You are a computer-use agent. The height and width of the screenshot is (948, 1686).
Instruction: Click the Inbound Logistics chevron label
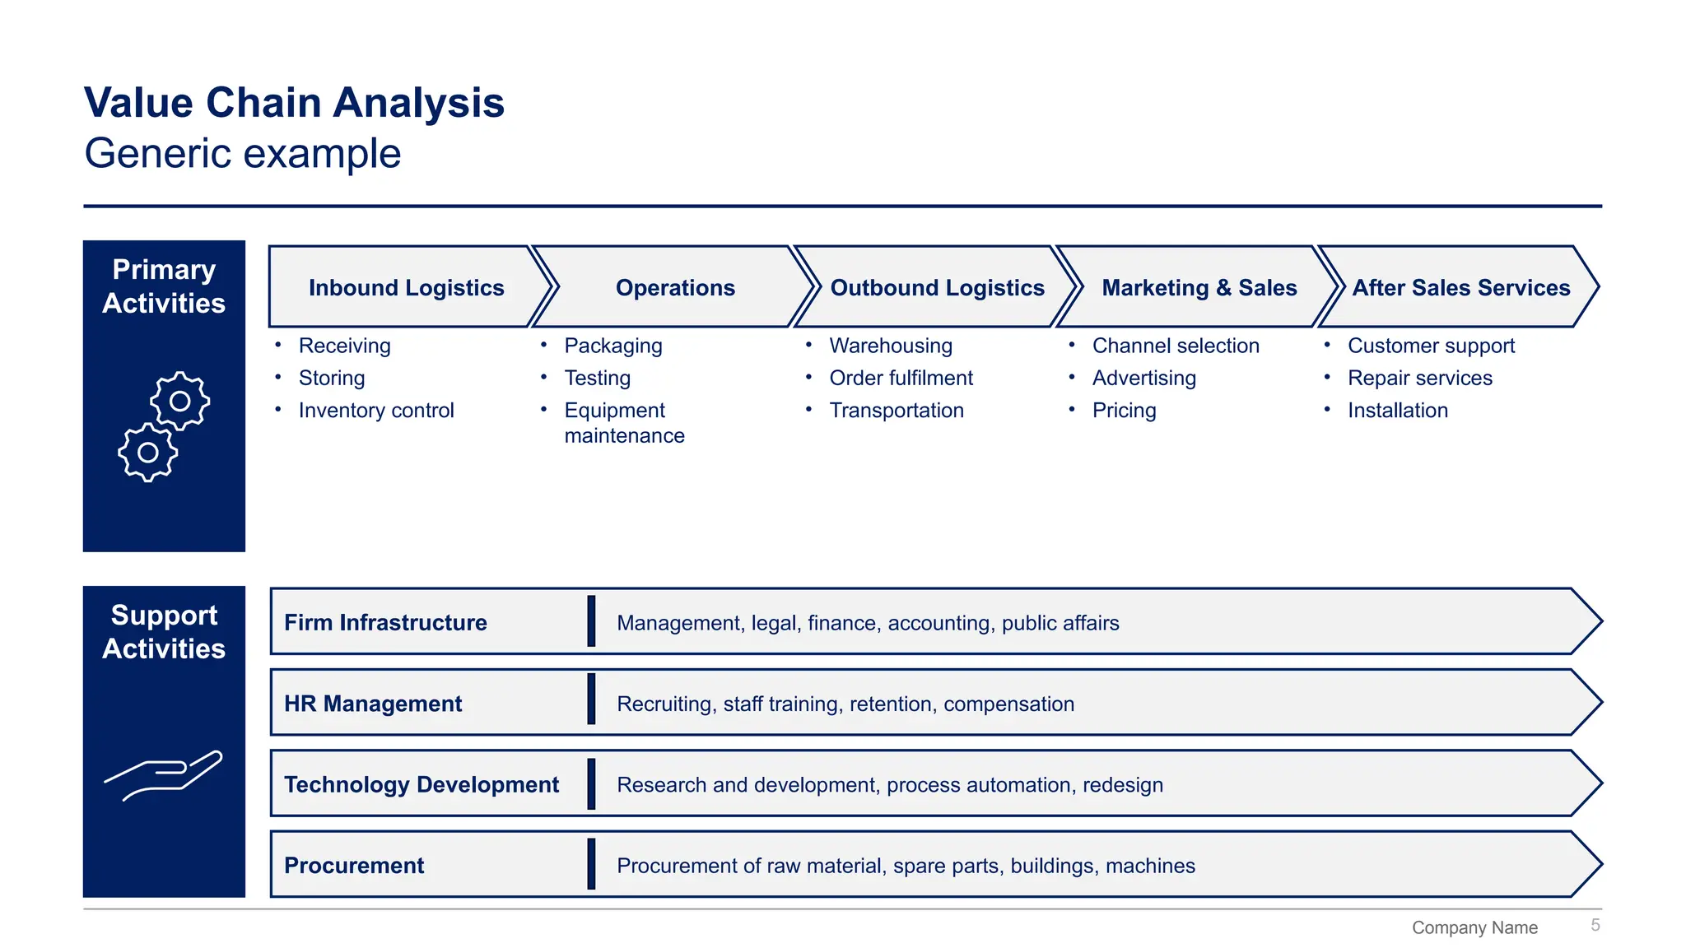coord(406,288)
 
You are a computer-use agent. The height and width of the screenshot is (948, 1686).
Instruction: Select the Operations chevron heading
coord(675,288)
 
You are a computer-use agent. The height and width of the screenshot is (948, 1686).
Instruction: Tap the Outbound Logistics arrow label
coord(937,288)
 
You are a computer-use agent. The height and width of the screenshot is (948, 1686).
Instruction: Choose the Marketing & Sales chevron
coord(1199,288)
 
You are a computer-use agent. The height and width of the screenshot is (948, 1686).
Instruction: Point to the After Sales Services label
coord(1460,288)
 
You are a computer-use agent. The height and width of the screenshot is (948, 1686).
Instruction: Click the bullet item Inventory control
coord(376,411)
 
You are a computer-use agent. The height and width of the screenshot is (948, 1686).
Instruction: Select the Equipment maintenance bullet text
coord(624,423)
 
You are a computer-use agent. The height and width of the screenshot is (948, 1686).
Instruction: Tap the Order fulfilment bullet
coord(901,379)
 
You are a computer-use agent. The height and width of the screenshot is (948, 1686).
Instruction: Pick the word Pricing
coord(1124,411)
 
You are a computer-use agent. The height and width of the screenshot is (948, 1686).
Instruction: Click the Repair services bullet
coord(1419,379)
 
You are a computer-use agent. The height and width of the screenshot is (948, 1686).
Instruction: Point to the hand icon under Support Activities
coord(164,774)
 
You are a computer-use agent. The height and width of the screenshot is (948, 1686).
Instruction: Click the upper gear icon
coord(179,401)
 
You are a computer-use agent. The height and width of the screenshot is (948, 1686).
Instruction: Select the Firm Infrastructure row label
coord(385,623)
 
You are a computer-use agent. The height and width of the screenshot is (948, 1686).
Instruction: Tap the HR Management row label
coord(373,704)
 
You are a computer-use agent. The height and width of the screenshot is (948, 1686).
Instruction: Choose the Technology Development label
coord(421,785)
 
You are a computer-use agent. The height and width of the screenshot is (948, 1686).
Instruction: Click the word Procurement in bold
coord(354,866)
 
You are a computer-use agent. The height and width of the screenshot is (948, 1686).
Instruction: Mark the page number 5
coord(1595,926)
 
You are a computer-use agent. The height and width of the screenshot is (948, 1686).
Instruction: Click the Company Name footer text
coord(1474,928)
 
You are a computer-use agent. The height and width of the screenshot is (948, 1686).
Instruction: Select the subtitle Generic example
coord(243,154)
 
